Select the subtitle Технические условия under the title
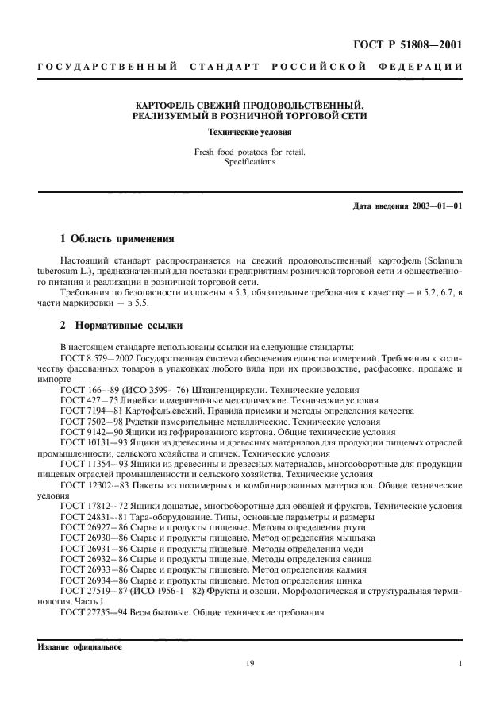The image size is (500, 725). [x=249, y=131]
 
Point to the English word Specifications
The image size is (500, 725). [x=249, y=161]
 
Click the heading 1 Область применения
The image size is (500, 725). [x=117, y=239]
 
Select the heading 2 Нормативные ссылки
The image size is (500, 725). [x=121, y=326]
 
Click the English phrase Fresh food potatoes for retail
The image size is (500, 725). [x=249, y=151]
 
